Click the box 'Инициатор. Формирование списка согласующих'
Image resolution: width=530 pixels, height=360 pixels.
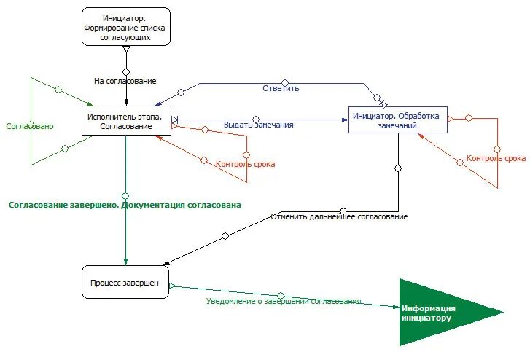126,27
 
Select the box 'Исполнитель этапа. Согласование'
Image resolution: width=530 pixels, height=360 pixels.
126,121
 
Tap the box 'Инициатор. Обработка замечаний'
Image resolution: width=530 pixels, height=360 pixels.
398,120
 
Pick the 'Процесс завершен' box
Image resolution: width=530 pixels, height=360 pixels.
125,282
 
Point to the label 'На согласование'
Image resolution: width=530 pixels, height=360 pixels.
125,81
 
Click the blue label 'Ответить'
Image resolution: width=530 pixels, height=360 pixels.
281,89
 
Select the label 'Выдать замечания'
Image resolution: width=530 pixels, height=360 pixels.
259,125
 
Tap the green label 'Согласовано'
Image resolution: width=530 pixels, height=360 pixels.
30,126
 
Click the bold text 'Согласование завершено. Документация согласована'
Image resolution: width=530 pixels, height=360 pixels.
125,205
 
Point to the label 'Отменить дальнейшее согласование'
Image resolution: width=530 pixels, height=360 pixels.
339,216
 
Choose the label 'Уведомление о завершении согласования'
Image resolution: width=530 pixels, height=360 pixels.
284,301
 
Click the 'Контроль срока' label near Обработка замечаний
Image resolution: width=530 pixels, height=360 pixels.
496,158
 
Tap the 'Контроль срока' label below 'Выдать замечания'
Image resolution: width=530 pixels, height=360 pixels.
246,164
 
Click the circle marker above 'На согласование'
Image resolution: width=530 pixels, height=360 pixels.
126,72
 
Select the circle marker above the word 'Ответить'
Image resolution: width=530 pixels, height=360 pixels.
285,83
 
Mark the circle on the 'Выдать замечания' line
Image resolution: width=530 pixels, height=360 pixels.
256,120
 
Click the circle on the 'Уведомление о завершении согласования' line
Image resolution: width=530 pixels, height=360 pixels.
280,296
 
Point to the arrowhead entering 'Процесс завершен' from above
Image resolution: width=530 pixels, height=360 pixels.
125,262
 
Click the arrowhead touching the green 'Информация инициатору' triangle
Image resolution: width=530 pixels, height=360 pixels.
396,307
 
